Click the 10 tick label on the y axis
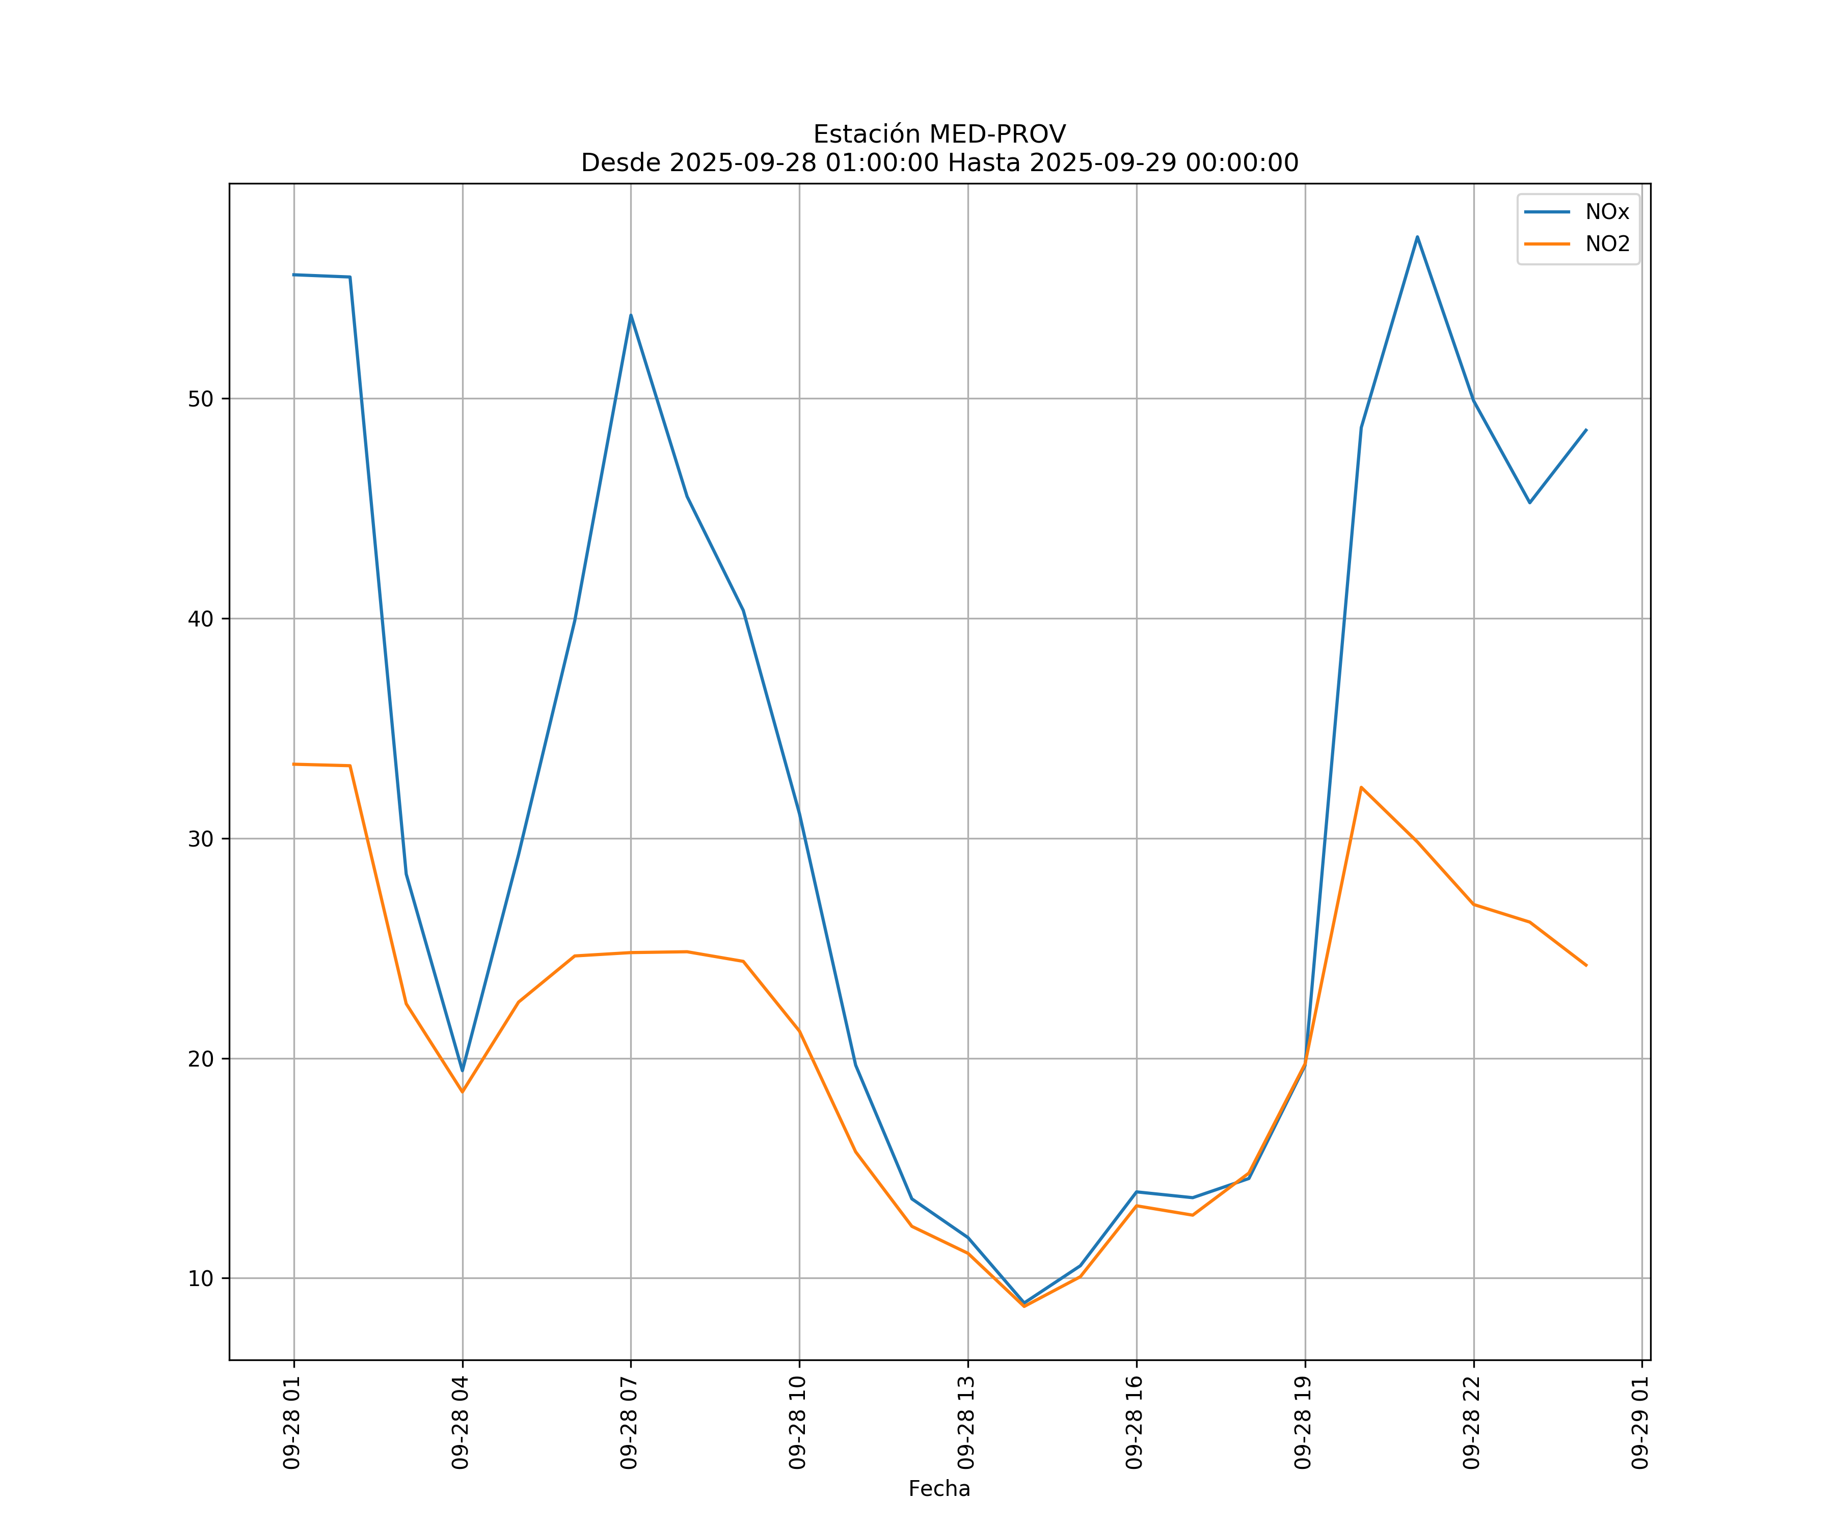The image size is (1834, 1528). point(201,1278)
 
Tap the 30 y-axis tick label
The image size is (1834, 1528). point(201,839)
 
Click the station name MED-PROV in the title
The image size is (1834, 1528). point(997,134)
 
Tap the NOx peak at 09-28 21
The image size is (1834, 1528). point(1417,237)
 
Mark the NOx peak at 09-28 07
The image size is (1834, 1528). point(631,315)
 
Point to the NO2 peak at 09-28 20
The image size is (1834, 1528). point(1361,787)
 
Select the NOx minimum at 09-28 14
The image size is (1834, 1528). point(1023,1303)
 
